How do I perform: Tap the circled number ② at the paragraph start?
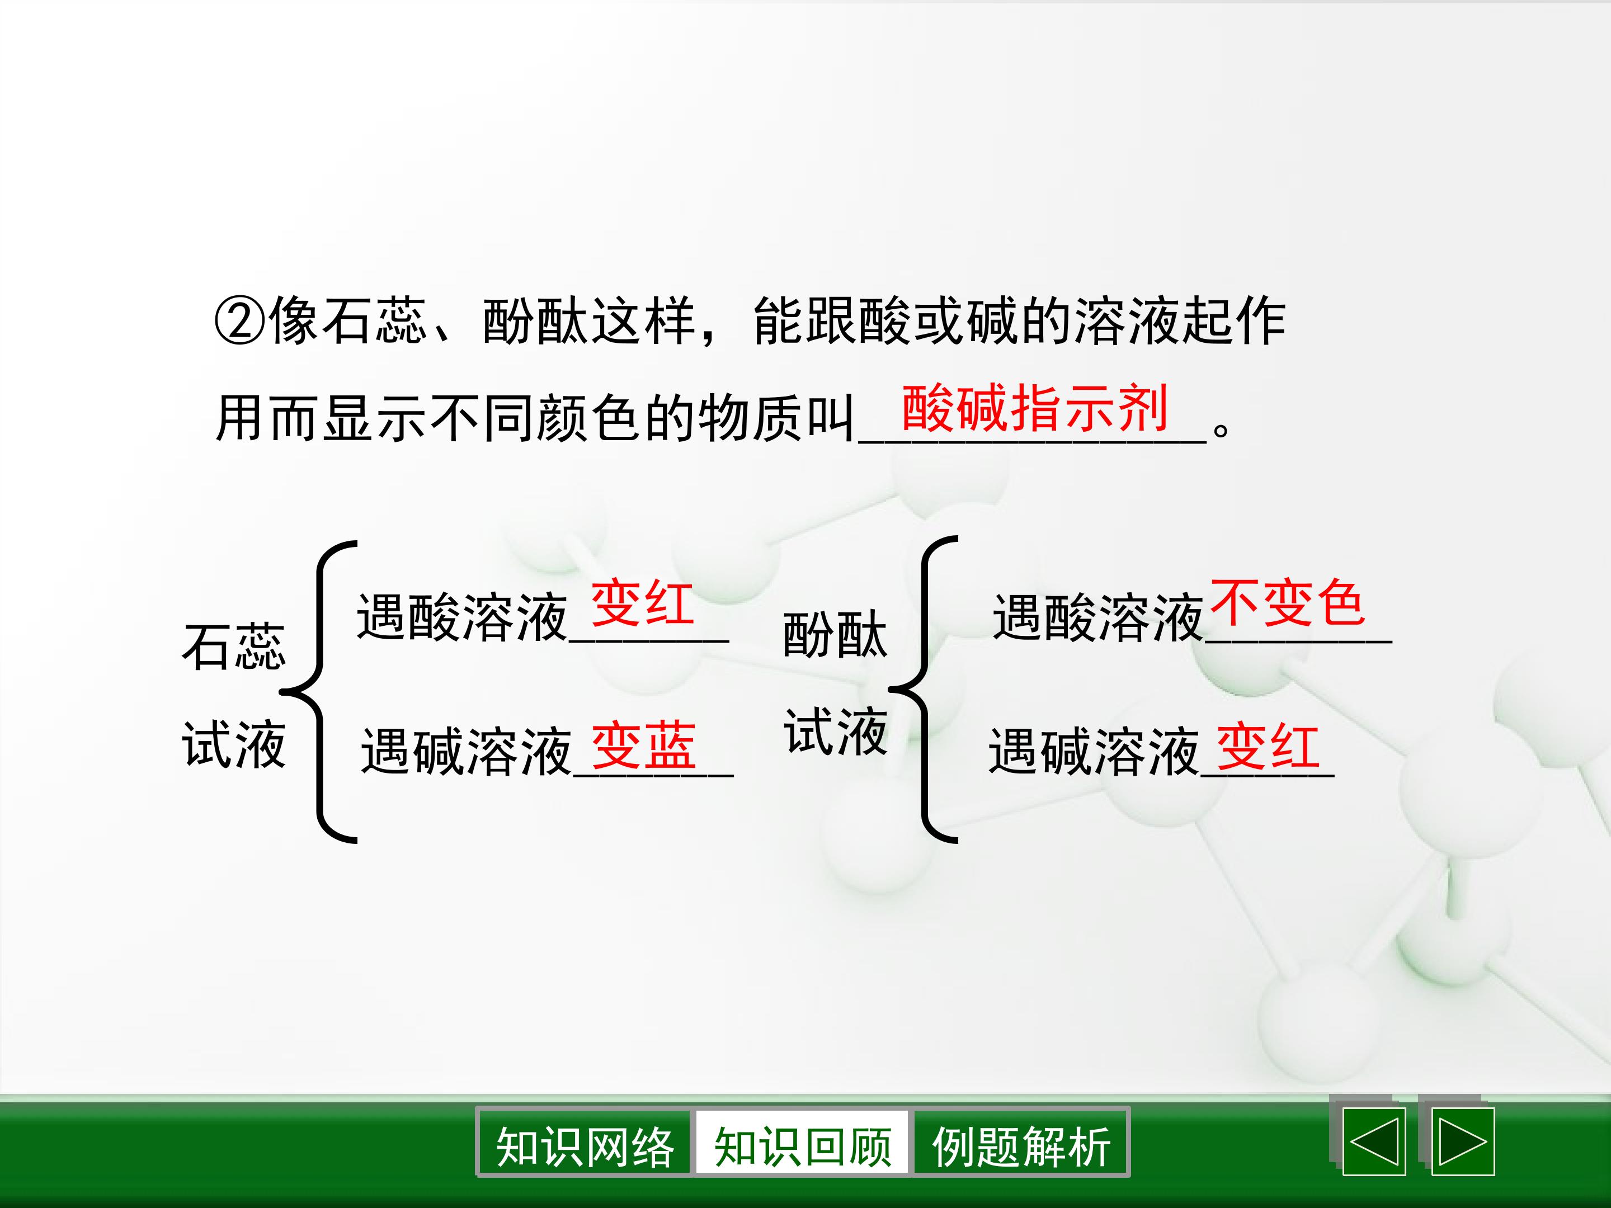coord(238,321)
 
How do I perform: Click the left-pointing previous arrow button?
coord(1374,1142)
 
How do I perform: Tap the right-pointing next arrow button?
coord(1463,1142)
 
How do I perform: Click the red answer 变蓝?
coord(643,747)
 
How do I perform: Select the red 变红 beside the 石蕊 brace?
coord(642,603)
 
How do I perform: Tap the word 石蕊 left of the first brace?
coord(234,647)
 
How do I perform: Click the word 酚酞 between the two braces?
coord(835,635)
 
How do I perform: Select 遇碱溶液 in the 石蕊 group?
coord(466,752)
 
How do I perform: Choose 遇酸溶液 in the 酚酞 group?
coord(1097,617)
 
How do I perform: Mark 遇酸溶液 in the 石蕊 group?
coord(461,617)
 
